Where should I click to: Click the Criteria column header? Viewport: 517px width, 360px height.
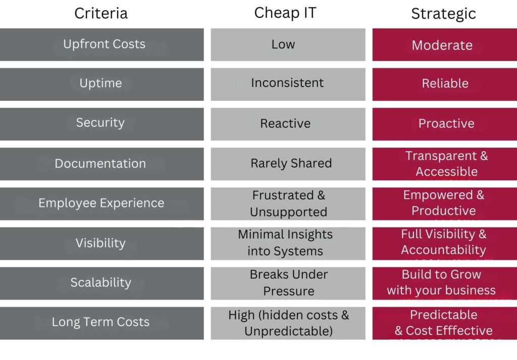(x=101, y=13)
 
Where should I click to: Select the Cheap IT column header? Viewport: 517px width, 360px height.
(x=285, y=13)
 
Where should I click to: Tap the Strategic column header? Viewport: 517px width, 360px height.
(x=443, y=14)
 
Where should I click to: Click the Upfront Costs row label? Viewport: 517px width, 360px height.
(x=104, y=44)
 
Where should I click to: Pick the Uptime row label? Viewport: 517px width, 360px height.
(x=100, y=83)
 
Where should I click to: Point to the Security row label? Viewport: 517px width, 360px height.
(x=100, y=123)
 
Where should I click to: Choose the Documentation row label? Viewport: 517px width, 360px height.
(x=100, y=164)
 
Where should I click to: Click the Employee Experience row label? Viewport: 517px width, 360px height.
(x=101, y=203)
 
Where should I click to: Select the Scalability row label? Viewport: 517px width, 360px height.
(x=100, y=283)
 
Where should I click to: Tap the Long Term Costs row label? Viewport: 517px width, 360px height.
(x=100, y=322)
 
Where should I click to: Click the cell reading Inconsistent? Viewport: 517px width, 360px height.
(x=287, y=83)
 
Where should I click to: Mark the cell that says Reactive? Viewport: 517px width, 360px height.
(x=285, y=123)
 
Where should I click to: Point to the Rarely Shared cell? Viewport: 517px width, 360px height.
(x=291, y=164)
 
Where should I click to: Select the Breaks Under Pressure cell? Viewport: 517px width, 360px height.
(x=289, y=283)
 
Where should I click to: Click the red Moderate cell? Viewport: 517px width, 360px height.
(x=442, y=45)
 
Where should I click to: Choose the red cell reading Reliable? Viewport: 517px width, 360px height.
(x=445, y=83)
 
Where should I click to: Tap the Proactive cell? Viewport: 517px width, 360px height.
(x=446, y=123)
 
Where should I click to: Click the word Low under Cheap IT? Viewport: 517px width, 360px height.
(x=283, y=44)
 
